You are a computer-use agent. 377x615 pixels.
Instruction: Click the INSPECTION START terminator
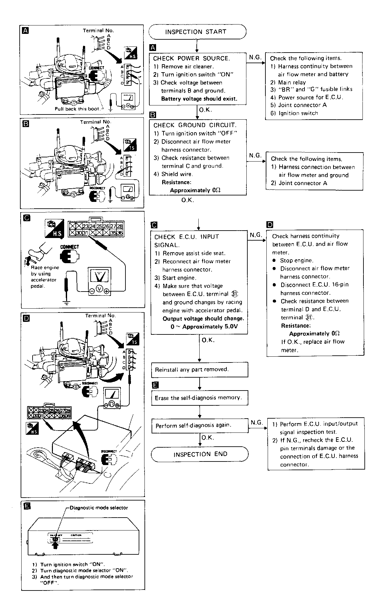[x=197, y=32]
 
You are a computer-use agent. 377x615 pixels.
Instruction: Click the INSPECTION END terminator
[x=200, y=454]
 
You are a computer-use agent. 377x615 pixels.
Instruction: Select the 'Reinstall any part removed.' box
[x=200, y=370]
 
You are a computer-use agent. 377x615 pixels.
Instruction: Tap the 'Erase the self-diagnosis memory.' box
[x=200, y=398]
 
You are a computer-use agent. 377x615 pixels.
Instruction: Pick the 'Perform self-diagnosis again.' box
[x=200, y=425]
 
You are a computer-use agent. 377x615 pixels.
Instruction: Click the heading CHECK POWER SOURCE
[x=191, y=58]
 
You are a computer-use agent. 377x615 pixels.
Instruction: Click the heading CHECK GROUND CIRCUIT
[x=195, y=125]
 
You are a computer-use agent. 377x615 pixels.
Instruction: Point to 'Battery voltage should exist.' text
[x=199, y=99]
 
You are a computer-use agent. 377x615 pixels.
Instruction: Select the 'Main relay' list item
[x=292, y=82]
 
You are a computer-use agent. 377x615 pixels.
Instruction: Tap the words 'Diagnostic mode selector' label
[x=99, y=508]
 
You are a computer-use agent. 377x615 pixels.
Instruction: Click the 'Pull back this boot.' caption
[x=77, y=109]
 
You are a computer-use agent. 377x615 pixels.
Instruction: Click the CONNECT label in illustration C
[x=69, y=247]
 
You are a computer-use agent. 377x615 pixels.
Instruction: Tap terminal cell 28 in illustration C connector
[x=120, y=226]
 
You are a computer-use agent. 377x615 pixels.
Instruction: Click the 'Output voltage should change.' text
[x=203, y=318]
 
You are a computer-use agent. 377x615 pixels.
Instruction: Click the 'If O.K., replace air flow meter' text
[x=313, y=346]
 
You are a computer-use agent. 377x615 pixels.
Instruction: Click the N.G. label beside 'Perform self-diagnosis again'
[x=256, y=422]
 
